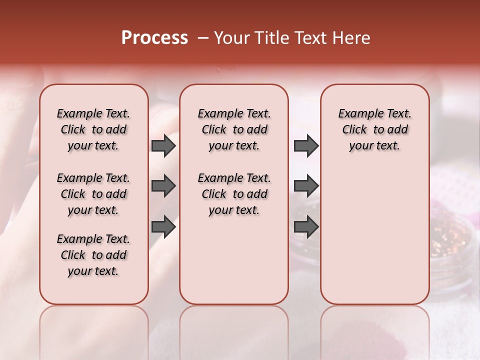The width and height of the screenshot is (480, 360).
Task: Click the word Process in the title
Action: click(x=154, y=38)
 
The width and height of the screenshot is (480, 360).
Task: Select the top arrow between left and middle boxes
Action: click(x=163, y=145)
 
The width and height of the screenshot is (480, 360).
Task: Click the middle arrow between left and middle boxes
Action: click(x=163, y=186)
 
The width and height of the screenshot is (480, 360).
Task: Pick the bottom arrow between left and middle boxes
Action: click(x=163, y=227)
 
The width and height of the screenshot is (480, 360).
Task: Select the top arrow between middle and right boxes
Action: click(x=306, y=145)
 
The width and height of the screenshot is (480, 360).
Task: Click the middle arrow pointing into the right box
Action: click(x=306, y=186)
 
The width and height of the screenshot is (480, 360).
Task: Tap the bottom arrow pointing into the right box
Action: click(x=306, y=227)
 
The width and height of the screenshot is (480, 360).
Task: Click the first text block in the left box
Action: click(x=93, y=129)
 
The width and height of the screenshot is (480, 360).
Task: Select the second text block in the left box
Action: click(x=93, y=194)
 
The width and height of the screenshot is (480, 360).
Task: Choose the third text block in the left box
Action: click(x=93, y=255)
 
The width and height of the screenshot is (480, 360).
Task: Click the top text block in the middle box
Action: click(x=234, y=129)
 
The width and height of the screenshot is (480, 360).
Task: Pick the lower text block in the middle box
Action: click(x=234, y=194)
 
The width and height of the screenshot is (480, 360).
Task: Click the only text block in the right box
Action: click(x=374, y=129)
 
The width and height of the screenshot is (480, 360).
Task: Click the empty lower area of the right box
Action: click(x=374, y=240)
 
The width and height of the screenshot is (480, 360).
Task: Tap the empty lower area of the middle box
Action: click(x=234, y=260)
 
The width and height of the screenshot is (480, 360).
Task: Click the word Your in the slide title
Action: click(x=232, y=38)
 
